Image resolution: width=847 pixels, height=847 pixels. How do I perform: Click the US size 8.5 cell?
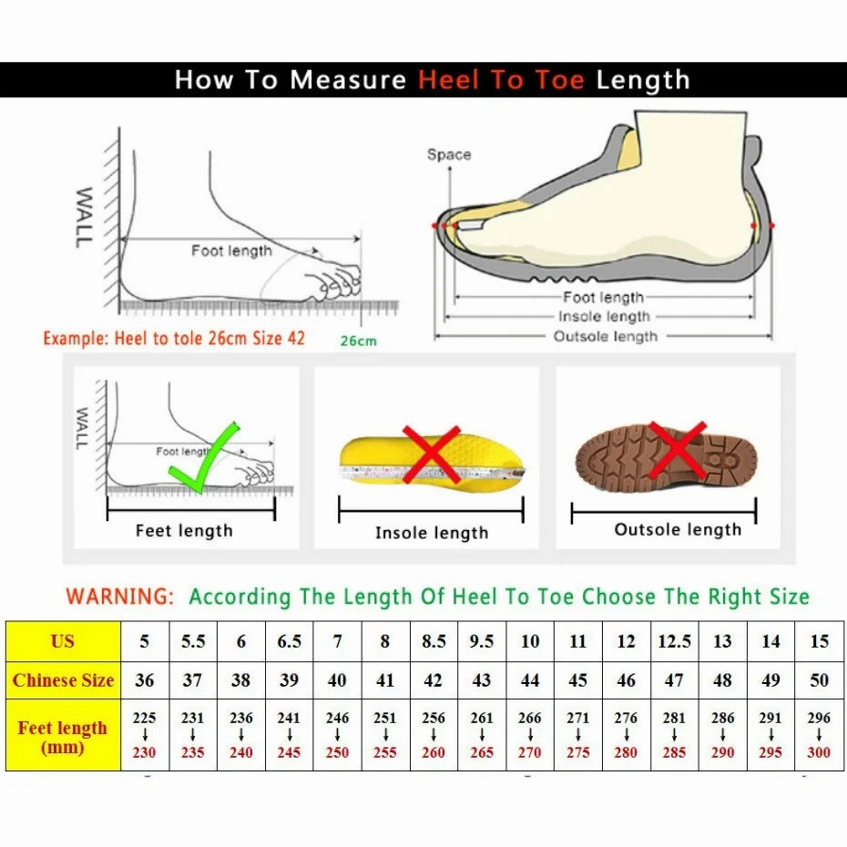click(x=434, y=641)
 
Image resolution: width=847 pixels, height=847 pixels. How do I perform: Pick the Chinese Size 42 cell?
click(x=434, y=680)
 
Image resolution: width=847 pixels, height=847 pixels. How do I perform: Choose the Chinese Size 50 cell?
click(x=819, y=680)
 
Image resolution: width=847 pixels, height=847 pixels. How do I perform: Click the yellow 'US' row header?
click(x=63, y=641)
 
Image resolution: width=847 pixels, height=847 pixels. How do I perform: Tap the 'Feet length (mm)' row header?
click(x=63, y=737)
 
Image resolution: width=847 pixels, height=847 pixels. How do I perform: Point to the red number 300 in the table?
click(x=819, y=753)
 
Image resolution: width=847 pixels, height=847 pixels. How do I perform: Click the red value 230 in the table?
click(x=144, y=753)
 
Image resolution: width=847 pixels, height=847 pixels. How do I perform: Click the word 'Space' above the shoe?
click(x=449, y=155)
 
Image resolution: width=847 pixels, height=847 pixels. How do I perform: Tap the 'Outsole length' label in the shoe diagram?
click(x=605, y=337)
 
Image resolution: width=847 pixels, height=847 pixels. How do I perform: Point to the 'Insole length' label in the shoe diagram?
click(x=605, y=317)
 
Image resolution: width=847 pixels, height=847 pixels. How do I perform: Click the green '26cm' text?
click(x=358, y=342)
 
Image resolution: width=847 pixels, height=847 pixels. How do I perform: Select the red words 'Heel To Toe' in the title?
click(x=501, y=80)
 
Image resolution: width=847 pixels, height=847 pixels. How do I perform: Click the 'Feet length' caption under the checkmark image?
click(x=184, y=531)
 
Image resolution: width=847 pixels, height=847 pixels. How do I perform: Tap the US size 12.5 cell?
click(x=674, y=641)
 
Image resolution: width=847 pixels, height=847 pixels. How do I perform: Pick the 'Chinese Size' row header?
click(x=63, y=680)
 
